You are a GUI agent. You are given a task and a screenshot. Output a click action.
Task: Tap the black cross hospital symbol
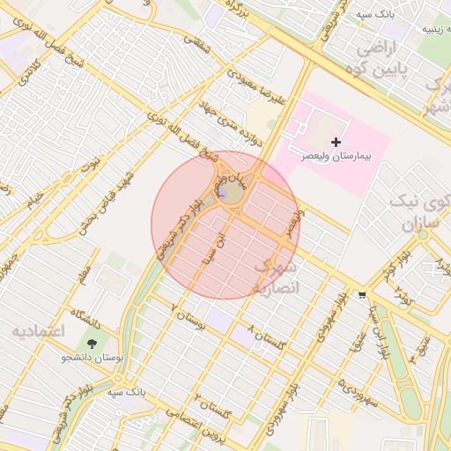336,142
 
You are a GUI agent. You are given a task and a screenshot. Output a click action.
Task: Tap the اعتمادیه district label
39,331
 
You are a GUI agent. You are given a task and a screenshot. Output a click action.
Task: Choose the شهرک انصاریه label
277,277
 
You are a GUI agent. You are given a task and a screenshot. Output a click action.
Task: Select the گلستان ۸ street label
274,339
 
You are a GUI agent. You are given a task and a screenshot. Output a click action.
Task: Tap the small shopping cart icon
362,295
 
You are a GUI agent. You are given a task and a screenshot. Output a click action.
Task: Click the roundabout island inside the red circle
231,194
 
